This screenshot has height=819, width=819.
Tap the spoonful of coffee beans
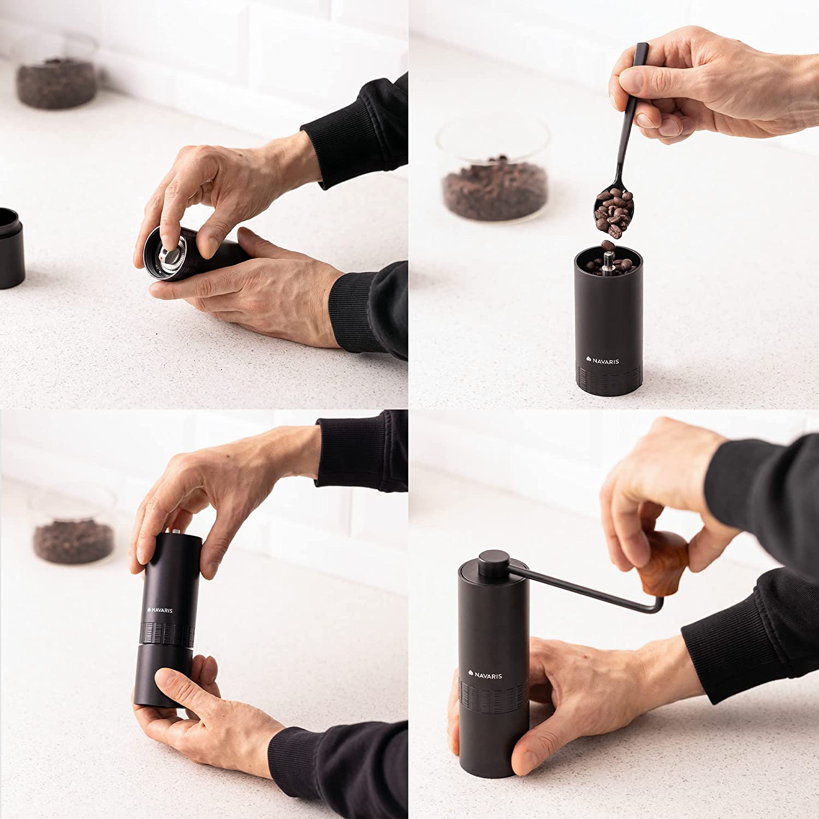612,211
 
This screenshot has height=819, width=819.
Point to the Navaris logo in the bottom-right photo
485,675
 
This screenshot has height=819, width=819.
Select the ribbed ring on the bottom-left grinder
167,633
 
